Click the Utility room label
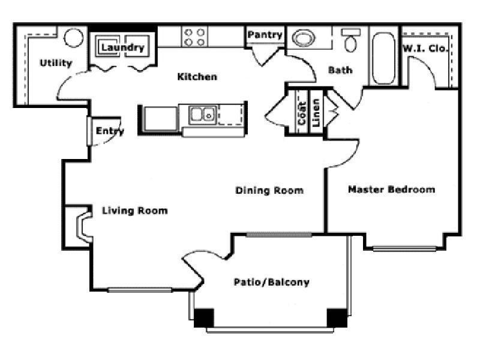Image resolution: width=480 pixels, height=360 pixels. [56, 63]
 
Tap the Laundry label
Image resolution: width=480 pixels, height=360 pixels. [122, 47]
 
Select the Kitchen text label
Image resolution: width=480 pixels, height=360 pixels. [197, 77]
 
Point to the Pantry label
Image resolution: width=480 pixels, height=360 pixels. [265, 35]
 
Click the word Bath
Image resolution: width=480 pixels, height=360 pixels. [340, 70]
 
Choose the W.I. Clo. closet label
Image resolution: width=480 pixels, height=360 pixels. [425, 48]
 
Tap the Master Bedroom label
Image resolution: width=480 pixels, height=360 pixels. [391, 190]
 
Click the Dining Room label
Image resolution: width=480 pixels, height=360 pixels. [269, 191]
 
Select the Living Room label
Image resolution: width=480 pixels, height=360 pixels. [134, 211]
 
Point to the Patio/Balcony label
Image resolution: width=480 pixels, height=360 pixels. [271, 282]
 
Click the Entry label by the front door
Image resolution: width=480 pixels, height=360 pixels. [110, 131]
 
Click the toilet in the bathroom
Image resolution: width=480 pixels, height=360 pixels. [350, 41]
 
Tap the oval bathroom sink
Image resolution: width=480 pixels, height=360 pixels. [304, 39]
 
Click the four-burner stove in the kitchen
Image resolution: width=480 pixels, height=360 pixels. [194, 37]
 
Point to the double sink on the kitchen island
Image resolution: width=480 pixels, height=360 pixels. [203, 113]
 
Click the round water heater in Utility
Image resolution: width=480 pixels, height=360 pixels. [74, 38]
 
